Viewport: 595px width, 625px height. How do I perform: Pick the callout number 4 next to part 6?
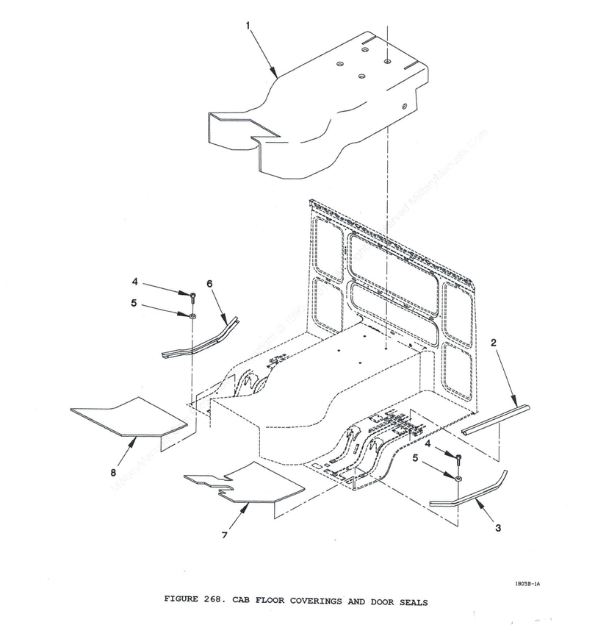[x=134, y=280]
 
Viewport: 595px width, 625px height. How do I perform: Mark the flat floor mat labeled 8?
[x=127, y=415]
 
